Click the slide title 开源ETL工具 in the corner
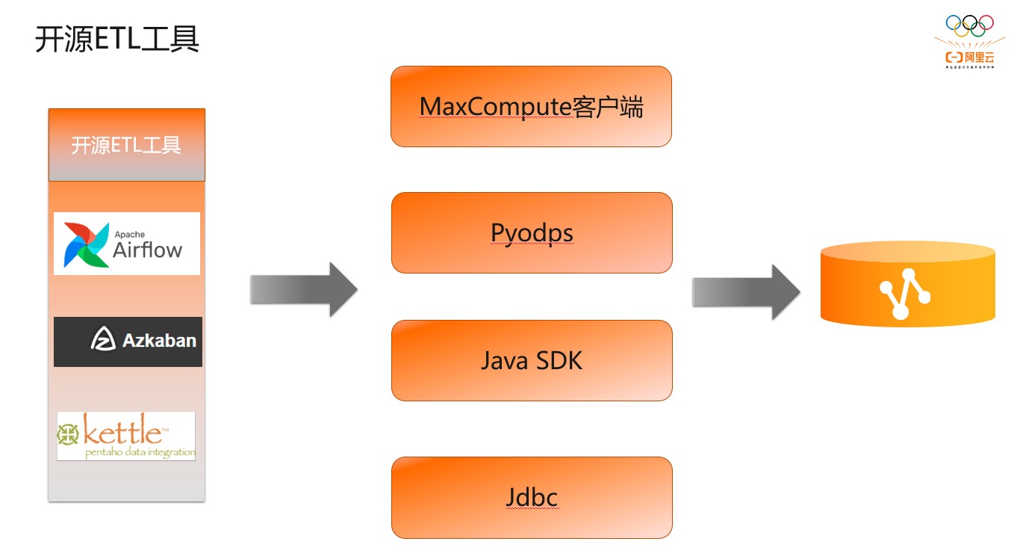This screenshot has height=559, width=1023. coord(117,40)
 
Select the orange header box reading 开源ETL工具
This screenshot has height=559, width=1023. coord(126,145)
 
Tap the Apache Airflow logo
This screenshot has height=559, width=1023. coord(127,244)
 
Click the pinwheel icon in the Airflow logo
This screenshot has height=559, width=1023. coord(85,244)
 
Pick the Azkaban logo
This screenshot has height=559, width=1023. coord(128,342)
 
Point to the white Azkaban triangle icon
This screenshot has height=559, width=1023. coord(103,340)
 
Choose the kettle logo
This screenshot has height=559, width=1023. coord(126,436)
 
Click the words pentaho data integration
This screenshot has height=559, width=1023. coord(140,451)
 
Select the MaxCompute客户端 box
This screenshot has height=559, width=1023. coord(531,107)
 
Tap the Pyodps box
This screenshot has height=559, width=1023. coord(532,233)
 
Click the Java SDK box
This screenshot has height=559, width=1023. coord(532,361)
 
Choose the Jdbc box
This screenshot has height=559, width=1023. coord(532,498)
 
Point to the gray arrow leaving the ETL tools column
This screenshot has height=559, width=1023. coord(303,289)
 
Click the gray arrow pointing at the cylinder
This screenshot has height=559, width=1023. coord(745,291)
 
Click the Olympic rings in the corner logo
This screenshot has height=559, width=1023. coord(969,25)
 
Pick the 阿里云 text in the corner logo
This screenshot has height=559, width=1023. coord(973,57)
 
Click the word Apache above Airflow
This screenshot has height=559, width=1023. coord(129,234)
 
